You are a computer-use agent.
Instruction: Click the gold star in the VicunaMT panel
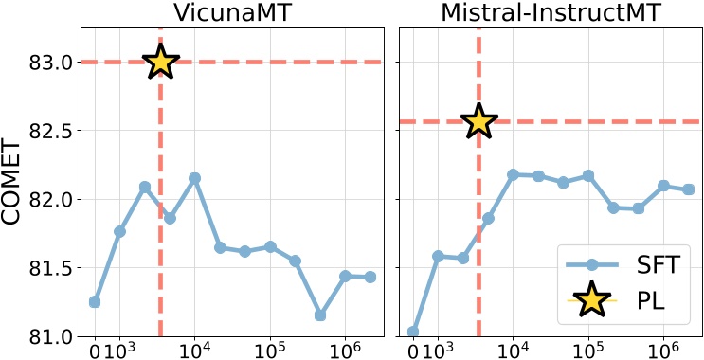[160, 62]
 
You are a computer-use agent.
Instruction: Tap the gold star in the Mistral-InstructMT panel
[479, 121]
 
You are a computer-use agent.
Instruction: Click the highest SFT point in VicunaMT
[194, 178]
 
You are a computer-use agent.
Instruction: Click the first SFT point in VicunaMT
[95, 301]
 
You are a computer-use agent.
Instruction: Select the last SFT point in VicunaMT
[370, 277]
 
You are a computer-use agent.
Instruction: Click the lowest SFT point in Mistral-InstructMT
[413, 333]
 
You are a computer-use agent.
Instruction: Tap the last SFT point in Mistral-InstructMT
[689, 189]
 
